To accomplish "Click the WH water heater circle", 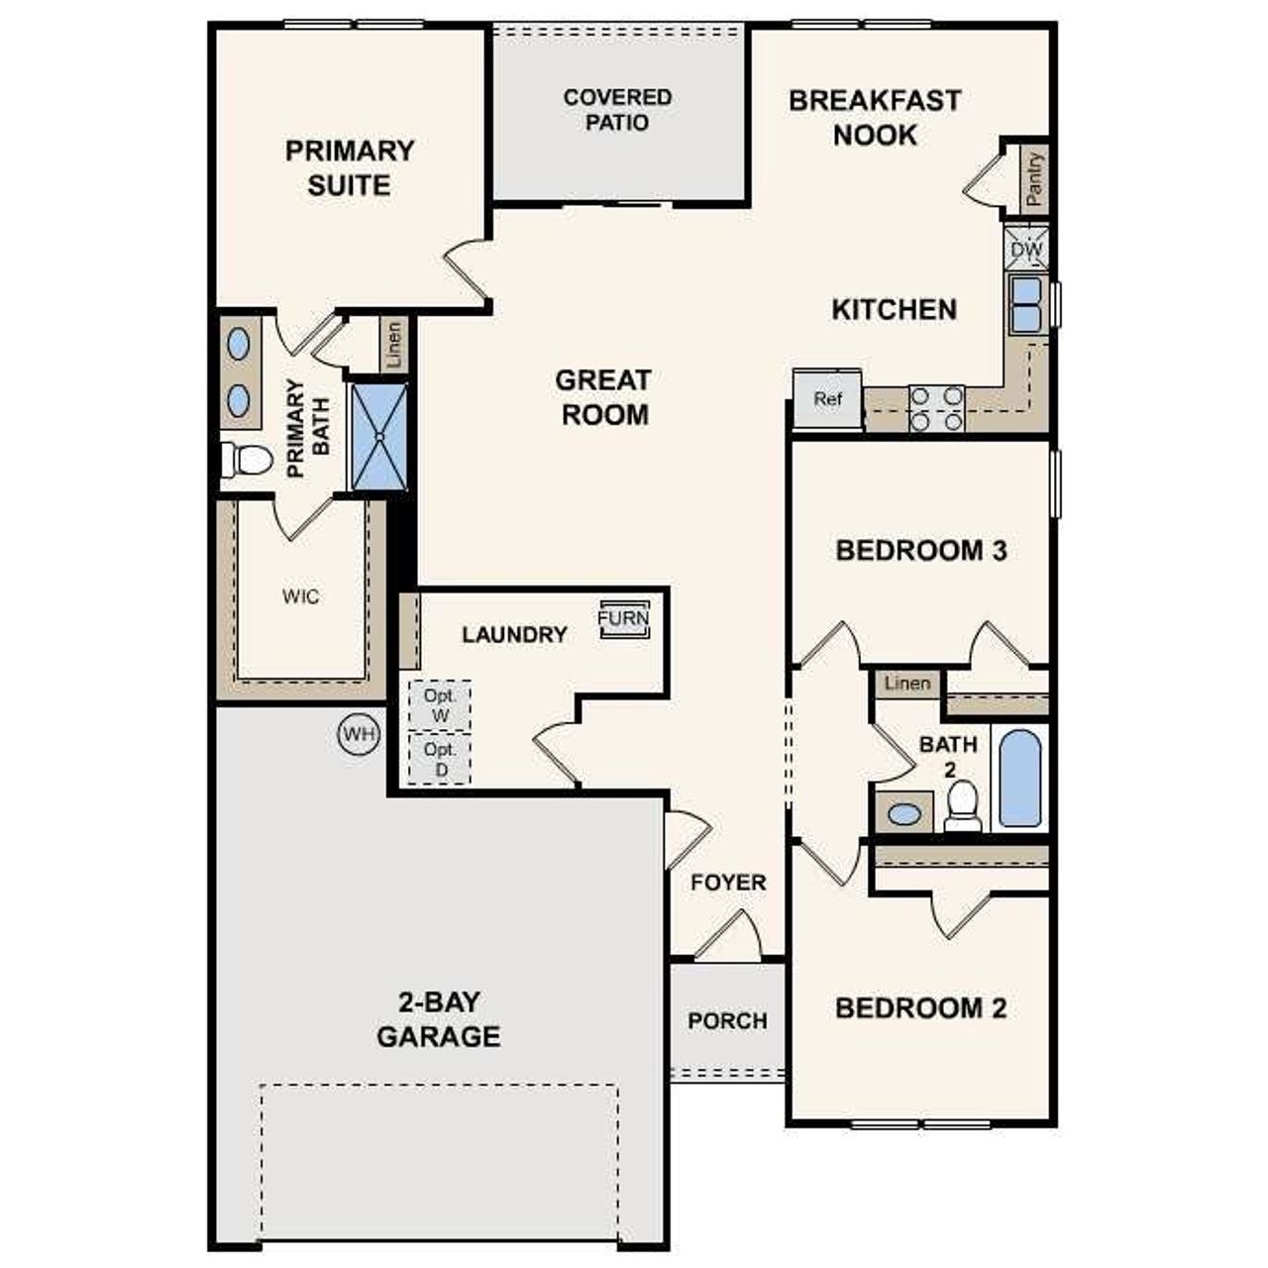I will pos(359,734).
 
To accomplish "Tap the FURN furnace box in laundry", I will pos(624,619).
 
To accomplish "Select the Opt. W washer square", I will pos(440,705).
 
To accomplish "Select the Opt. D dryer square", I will pos(440,759).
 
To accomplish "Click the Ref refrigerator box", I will pos(827,399).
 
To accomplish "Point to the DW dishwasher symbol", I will pos(1026,250).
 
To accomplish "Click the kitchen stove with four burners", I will pos(936,408).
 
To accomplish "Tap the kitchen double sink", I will pos(1025,304).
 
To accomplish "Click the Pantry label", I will pos(1034,178).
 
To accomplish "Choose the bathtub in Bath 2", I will pos(1019,778).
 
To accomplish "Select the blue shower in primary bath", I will pos(379,436).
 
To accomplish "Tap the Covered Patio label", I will pos(617,110).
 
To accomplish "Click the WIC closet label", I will pos(300,596).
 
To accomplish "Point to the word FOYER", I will pos(728,882).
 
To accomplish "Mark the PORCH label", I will pos(727,1020).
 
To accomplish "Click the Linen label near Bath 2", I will pos(907,684).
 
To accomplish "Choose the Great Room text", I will pos(604,397).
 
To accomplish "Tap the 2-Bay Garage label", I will pos(438,1019).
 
